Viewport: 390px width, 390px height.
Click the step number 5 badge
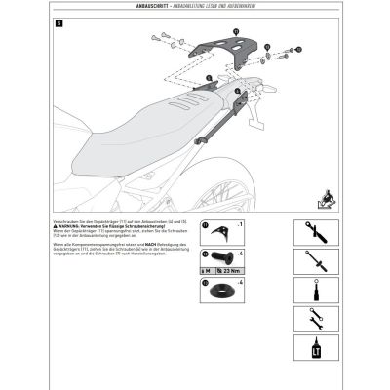point(60,22)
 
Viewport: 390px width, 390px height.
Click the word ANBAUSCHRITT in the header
point(150,8)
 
